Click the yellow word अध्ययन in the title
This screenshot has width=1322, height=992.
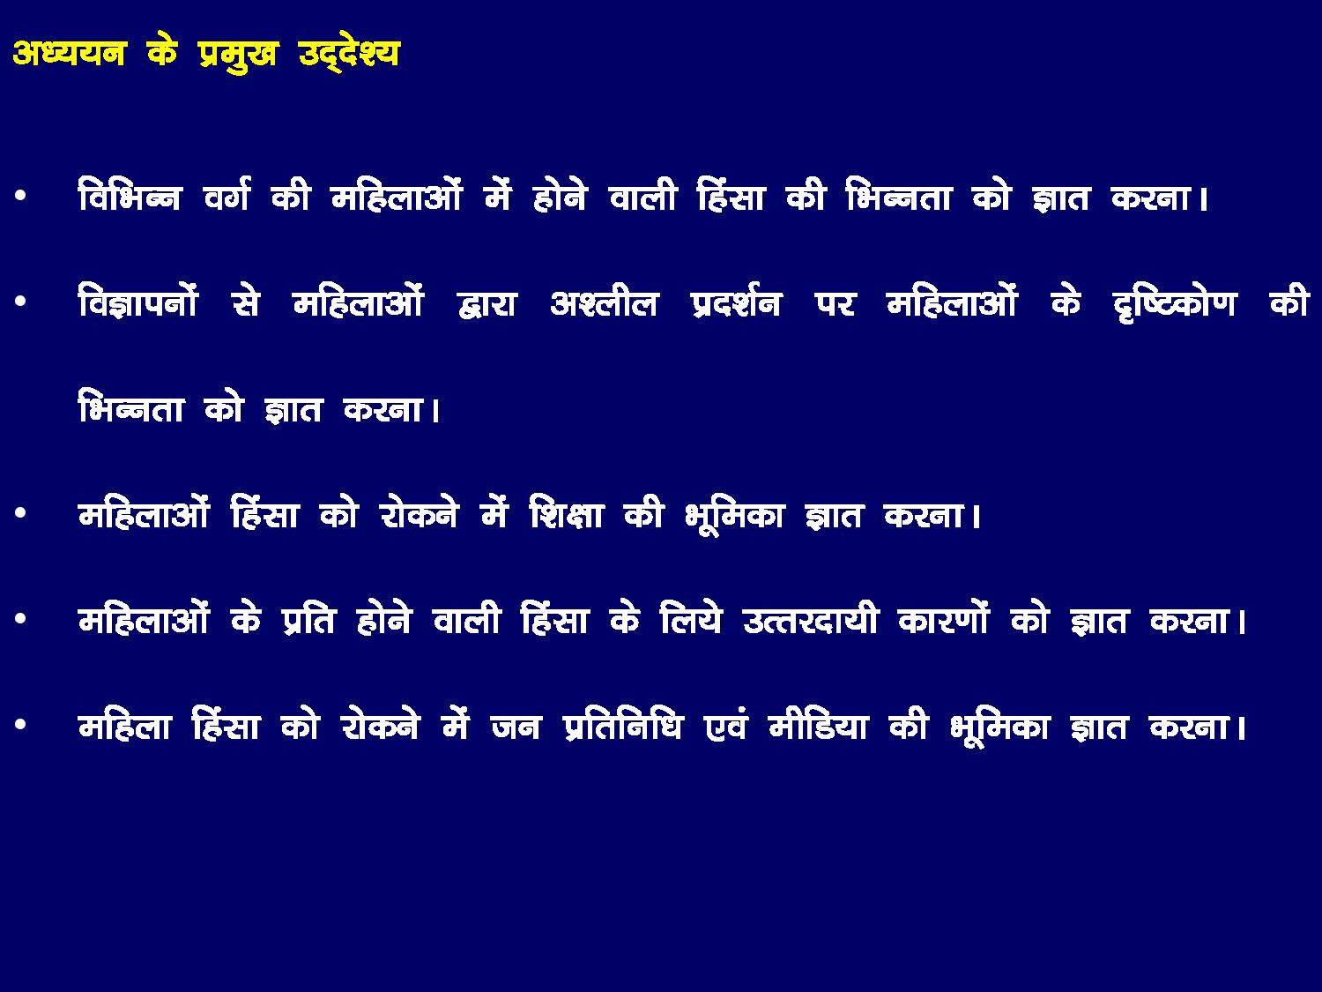tap(70, 53)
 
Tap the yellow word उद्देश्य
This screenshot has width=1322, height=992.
tap(349, 54)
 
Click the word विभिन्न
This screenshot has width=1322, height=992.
tap(130, 194)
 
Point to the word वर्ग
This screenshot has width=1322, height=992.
tap(226, 194)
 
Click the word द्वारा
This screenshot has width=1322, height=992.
tap(486, 302)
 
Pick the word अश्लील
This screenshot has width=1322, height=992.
tap(604, 302)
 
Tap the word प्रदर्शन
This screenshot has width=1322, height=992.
tap(737, 302)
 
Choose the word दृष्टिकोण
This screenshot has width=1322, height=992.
tap(1175, 302)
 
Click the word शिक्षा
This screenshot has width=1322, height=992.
tap(566, 513)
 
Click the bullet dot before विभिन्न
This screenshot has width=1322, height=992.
tap(21, 196)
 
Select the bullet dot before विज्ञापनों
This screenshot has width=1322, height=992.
tap(21, 302)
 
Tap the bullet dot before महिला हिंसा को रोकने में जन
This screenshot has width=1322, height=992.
tap(21, 725)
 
